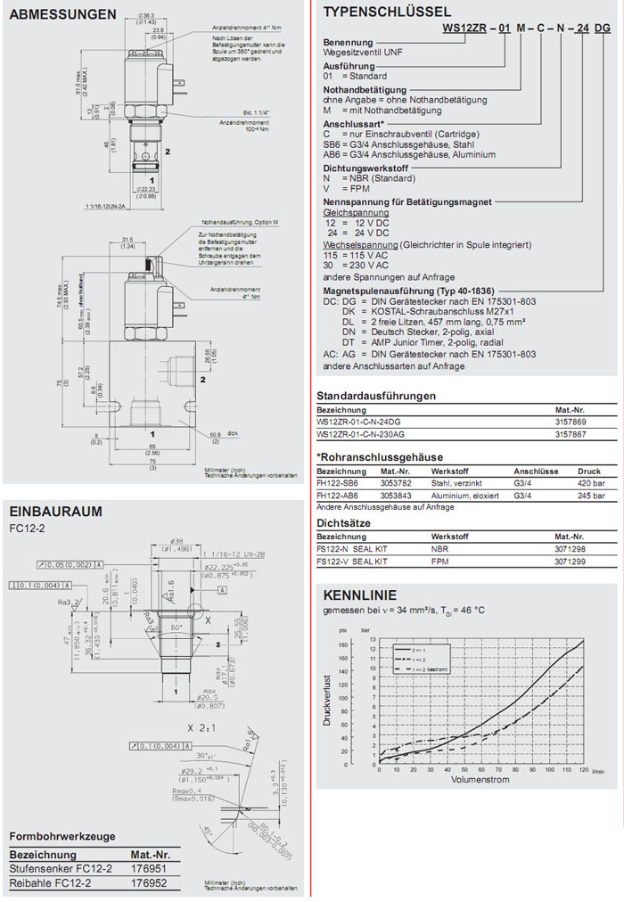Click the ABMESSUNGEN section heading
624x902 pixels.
(x=62, y=15)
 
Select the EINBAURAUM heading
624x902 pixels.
(x=55, y=512)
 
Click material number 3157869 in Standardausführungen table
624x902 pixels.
(x=571, y=422)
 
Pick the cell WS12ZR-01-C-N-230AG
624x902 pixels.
(x=360, y=433)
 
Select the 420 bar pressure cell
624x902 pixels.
(x=590, y=484)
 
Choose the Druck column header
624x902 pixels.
(x=589, y=471)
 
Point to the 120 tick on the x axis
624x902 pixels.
(x=584, y=769)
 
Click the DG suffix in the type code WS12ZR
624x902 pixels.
(x=602, y=29)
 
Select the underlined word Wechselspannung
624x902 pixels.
(x=354, y=243)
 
